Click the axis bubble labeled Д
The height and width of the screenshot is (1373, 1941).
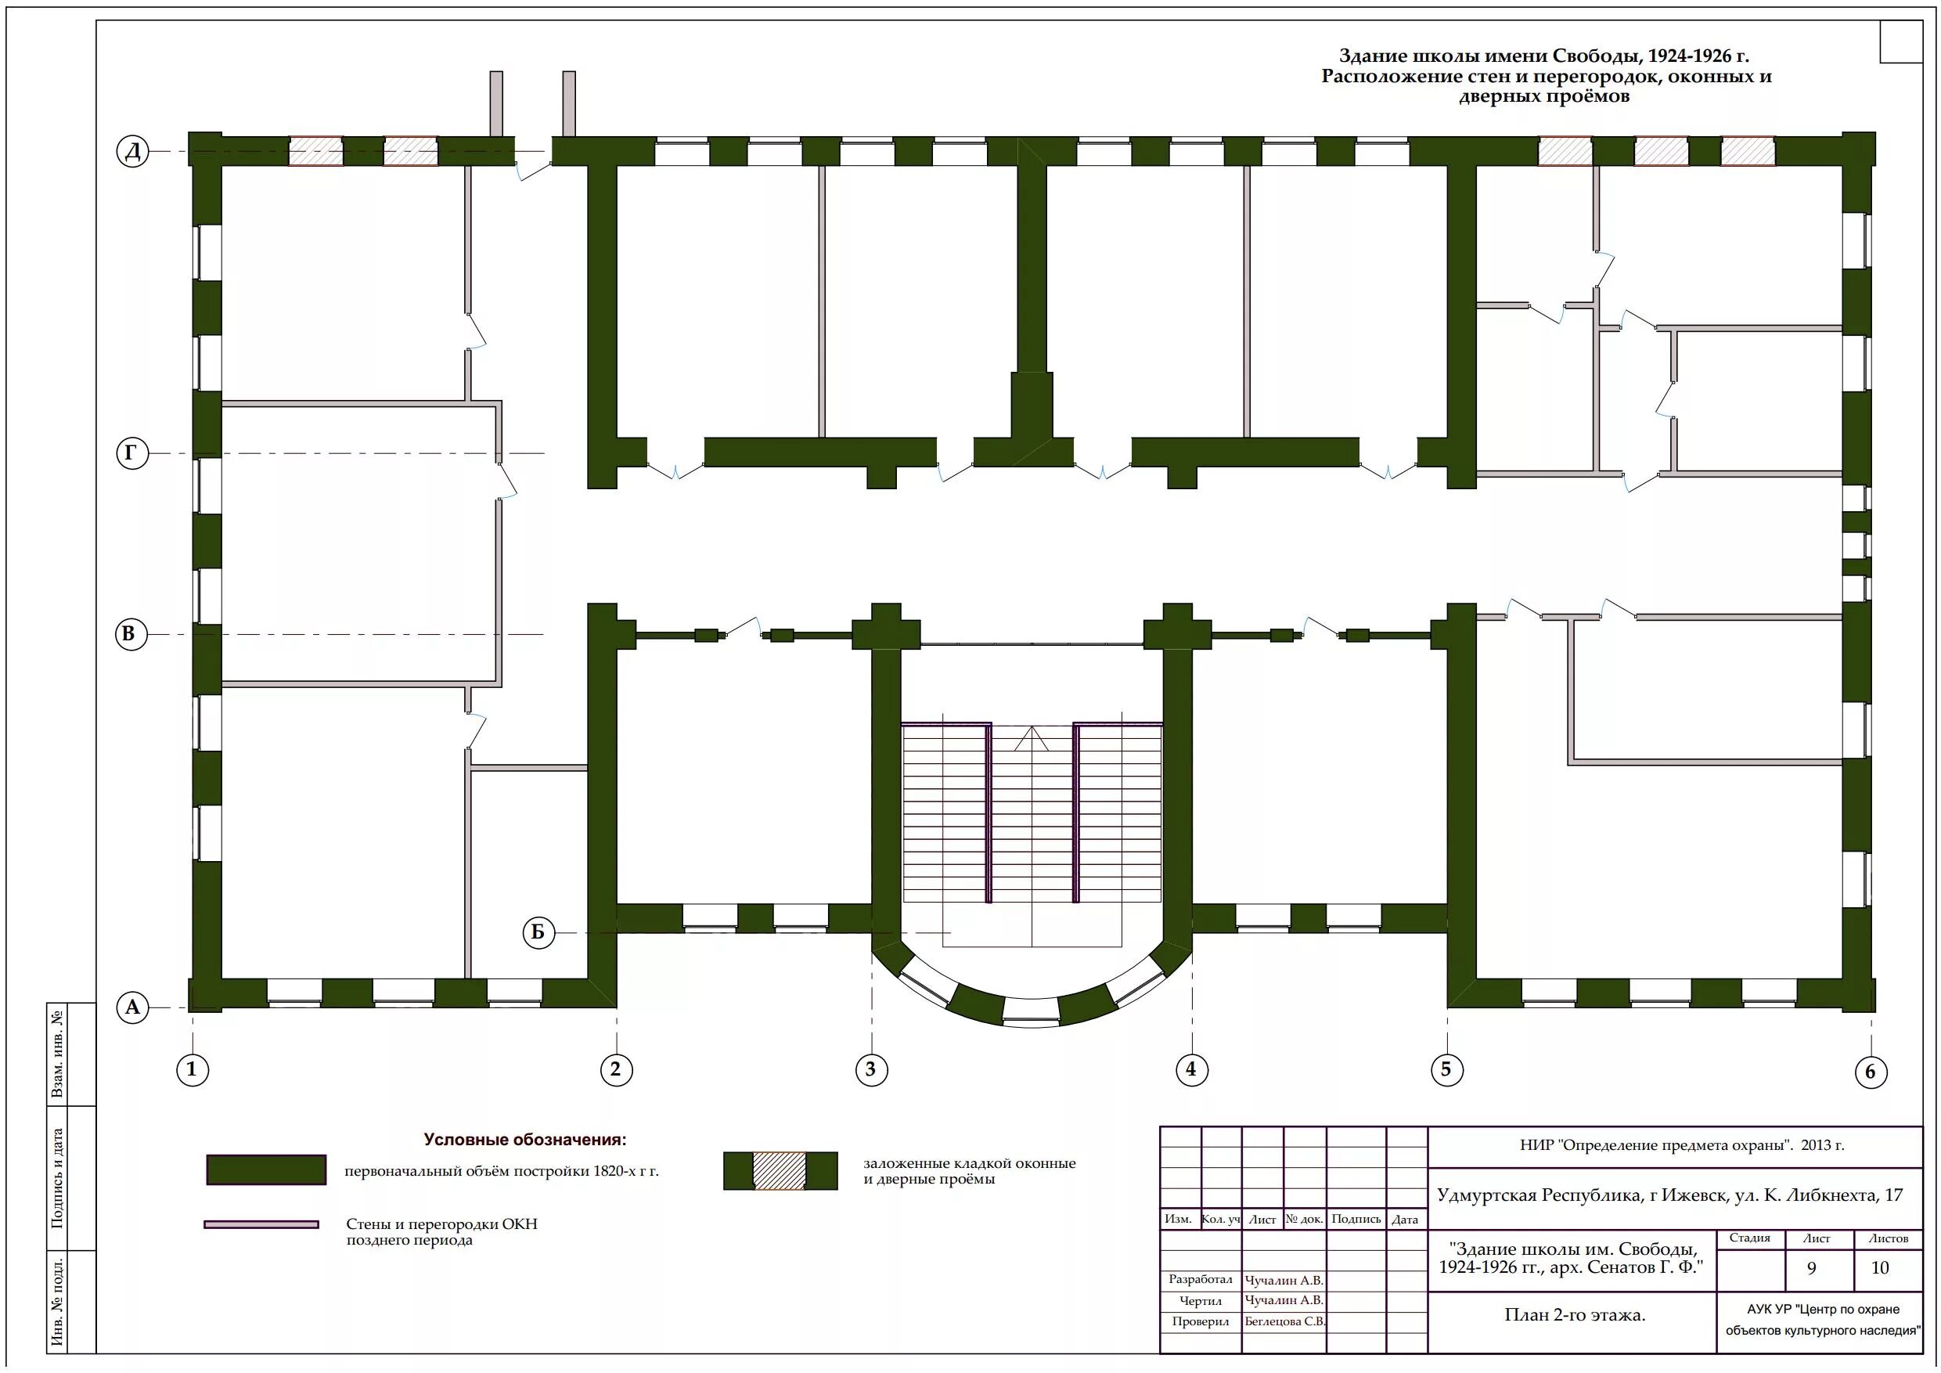pos(133,151)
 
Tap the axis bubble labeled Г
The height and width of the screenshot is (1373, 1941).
pos(131,454)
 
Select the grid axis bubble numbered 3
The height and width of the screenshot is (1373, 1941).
pos(871,1069)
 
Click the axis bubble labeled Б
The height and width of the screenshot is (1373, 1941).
pos(538,933)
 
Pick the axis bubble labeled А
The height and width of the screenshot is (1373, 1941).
pos(133,1007)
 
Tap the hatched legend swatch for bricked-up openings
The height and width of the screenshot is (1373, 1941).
pos(780,1171)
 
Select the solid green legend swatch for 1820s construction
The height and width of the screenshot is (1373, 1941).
pos(266,1170)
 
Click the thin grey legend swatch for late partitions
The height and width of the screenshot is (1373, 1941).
pos(261,1224)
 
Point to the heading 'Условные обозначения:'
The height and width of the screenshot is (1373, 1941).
pos(525,1140)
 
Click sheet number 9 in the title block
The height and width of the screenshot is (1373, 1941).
pos(1812,1268)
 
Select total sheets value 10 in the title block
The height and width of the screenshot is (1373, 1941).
pos(1880,1268)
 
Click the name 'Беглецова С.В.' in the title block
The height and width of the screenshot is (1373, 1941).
pos(1285,1321)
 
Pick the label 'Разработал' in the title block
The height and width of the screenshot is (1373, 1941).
pos(1201,1280)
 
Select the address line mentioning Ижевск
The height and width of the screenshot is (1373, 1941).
pos(1669,1195)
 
